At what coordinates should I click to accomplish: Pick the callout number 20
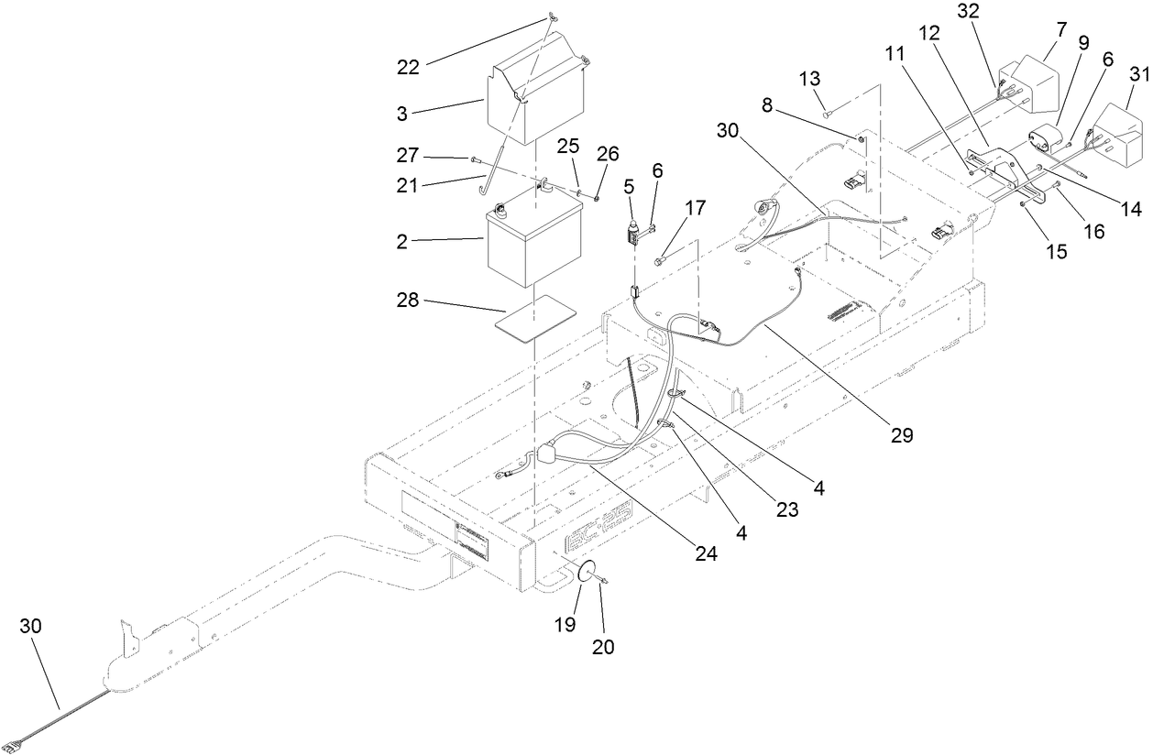pyautogui.click(x=603, y=646)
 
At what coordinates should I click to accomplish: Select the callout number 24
pyautogui.click(x=707, y=553)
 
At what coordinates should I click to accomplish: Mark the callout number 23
pyautogui.click(x=787, y=509)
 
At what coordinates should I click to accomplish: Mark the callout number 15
pyautogui.click(x=1058, y=250)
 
